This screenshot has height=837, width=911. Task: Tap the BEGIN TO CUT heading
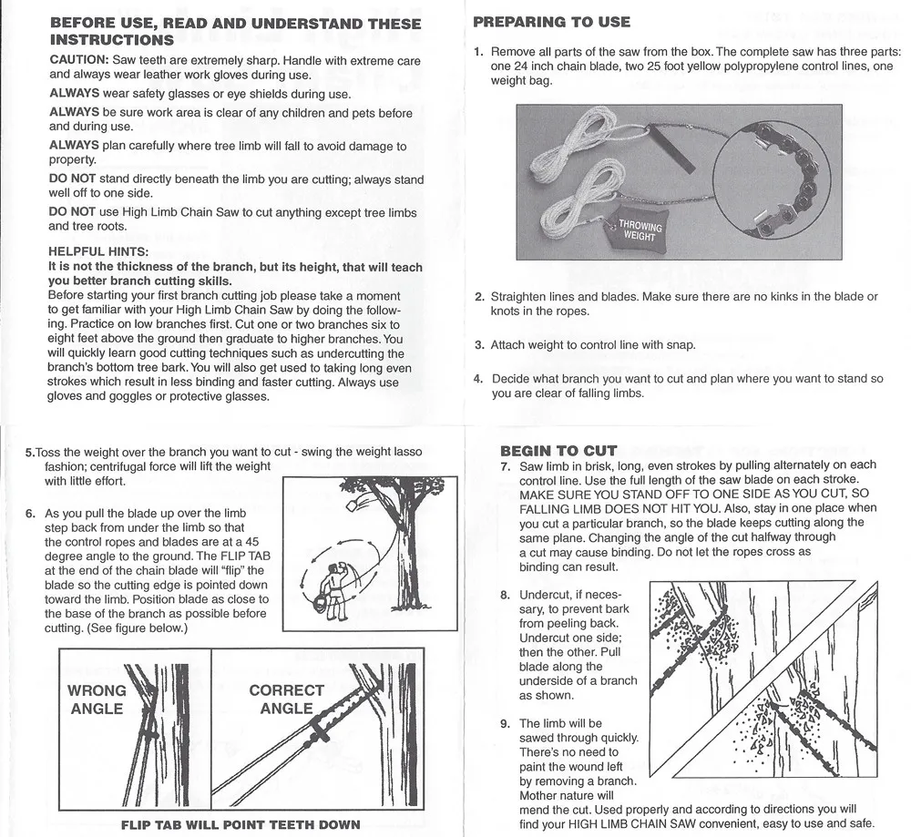559,450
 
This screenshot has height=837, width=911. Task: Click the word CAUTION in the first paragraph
78,60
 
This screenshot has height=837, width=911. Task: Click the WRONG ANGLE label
97,699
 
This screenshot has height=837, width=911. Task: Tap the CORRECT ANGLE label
286,699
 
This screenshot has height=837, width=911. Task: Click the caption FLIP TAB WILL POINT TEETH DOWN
241,825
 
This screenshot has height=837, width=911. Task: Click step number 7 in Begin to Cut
505,466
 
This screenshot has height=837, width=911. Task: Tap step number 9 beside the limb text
505,724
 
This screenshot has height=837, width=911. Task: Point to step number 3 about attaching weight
479,345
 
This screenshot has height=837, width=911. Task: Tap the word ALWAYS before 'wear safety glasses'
74,94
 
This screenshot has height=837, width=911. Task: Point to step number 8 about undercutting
505,596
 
